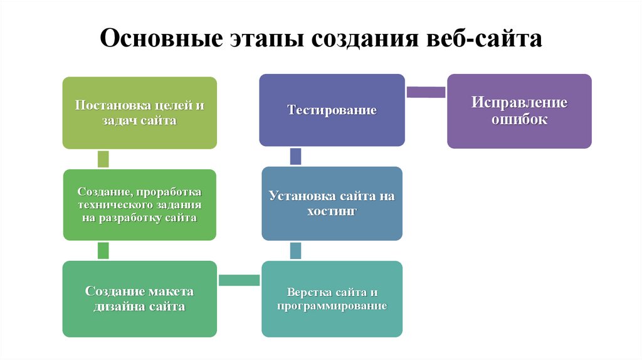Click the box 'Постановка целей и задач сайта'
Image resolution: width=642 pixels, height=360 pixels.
click(139, 113)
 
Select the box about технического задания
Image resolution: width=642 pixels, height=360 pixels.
click(139, 204)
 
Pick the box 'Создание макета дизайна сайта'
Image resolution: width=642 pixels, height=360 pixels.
click(139, 299)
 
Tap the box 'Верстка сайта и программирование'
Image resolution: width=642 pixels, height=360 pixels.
click(332, 299)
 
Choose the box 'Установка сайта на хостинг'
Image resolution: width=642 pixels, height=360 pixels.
click(332, 203)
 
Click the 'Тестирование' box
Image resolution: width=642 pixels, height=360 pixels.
click(332, 110)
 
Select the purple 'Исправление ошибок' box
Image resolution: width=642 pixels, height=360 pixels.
click(519, 111)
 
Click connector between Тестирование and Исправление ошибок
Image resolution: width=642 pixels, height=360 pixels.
click(426, 92)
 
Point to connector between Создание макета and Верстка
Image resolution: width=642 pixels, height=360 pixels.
click(239, 280)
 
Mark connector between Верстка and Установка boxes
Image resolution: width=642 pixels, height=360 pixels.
click(295, 250)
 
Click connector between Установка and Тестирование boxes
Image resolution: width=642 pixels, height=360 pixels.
click(295, 156)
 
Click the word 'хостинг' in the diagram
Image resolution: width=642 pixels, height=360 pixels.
click(332, 211)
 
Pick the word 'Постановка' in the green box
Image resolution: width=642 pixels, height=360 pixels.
click(105, 105)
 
